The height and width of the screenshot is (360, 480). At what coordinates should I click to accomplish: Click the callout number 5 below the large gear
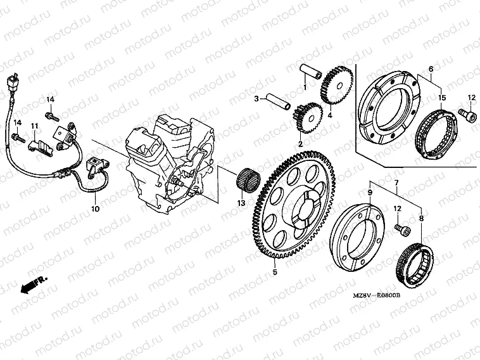(275, 273)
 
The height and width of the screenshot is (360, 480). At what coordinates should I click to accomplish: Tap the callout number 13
(240, 203)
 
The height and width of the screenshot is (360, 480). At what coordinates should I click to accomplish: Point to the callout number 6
(431, 68)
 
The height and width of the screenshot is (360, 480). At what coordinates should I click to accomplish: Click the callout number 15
(443, 98)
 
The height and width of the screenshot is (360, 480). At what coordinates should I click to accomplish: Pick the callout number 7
(397, 183)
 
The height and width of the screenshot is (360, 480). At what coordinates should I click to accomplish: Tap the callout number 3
(256, 99)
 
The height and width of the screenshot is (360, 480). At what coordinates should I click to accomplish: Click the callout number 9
(370, 191)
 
